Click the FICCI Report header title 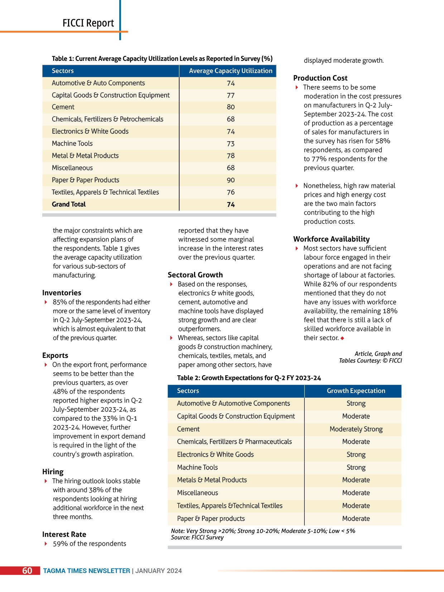click(88, 23)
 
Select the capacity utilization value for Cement click(231, 107)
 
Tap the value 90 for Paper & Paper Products click(231, 180)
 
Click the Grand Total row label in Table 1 click(69, 204)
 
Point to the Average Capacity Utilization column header click(231, 71)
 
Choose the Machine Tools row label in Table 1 click(72, 144)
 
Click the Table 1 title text click(162, 59)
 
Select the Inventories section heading click(62, 293)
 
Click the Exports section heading click(55, 355)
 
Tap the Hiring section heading click(53, 472)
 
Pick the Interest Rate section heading click(64, 534)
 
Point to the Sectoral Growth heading click(195, 275)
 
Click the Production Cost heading click(320, 78)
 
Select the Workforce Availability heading click(331, 239)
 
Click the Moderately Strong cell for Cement click(356, 429)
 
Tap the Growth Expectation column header click(356, 391)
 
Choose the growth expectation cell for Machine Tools click(356, 467)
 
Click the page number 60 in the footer click(27, 571)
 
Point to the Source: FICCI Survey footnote click(197, 537)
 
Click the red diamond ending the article click(342, 338)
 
